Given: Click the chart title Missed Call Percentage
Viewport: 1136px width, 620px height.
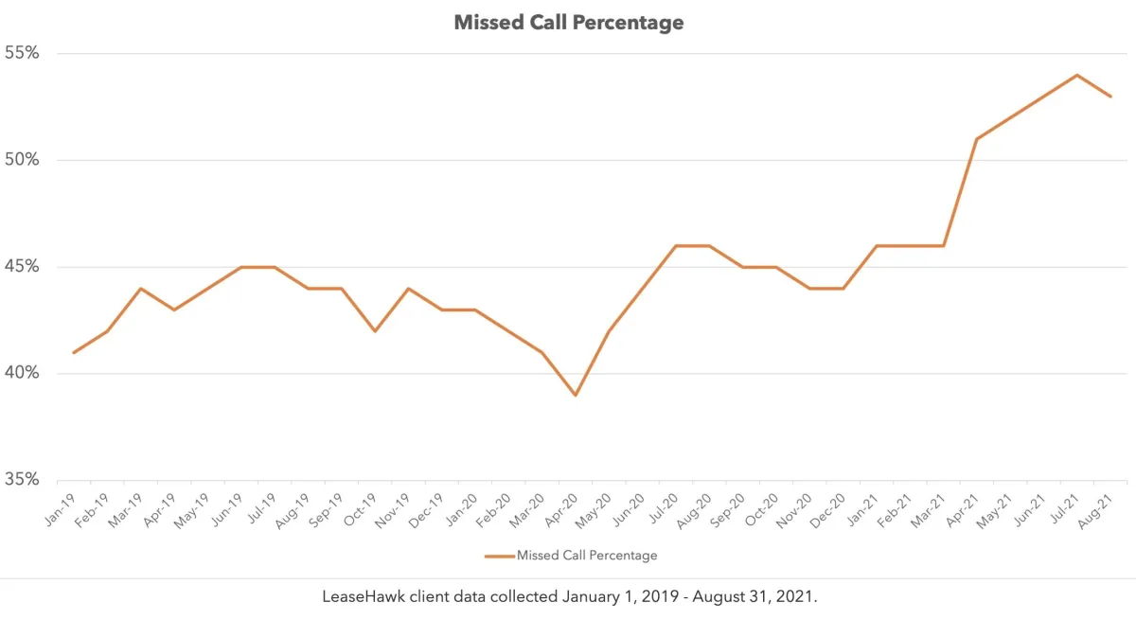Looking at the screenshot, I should (568, 22).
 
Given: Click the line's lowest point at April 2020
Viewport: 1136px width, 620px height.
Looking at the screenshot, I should (575, 395).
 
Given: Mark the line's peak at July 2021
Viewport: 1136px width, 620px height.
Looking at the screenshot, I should (1076, 75).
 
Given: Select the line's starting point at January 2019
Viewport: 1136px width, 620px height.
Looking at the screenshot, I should (74, 352).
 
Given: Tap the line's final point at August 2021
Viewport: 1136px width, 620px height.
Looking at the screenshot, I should (1109, 97).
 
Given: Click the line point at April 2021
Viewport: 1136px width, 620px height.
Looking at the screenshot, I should (976, 139).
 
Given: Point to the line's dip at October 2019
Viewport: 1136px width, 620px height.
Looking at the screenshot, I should (375, 331).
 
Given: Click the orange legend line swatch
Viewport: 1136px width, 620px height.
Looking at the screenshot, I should (499, 556).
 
